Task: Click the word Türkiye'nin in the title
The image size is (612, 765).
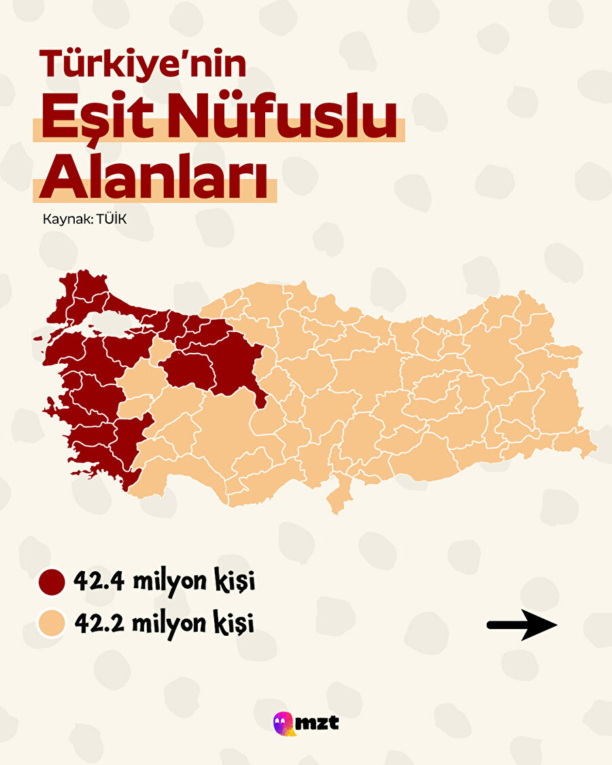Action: point(143,64)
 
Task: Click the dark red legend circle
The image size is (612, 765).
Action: point(51,583)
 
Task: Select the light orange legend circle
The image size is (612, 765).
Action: point(51,623)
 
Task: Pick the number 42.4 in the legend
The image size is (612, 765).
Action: point(102,582)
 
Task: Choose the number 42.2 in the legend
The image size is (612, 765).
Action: point(102,623)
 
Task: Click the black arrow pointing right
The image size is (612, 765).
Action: point(522,624)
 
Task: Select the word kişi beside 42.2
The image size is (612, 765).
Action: point(235,623)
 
